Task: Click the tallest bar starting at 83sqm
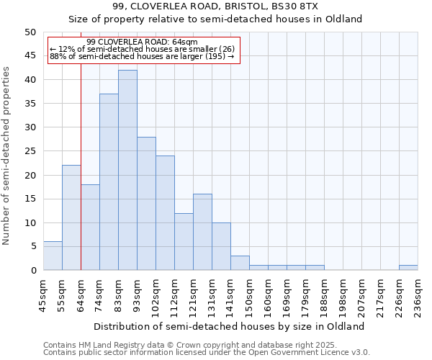pyautogui.click(x=127, y=170)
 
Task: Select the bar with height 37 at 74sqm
pyautogui.click(x=109, y=181)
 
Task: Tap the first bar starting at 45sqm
pyautogui.click(x=53, y=256)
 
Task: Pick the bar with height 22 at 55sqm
pyautogui.click(x=71, y=217)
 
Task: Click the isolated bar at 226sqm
pyautogui.click(x=408, y=268)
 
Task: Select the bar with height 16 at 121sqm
pyautogui.click(x=202, y=232)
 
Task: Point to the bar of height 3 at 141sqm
pyautogui.click(x=240, y=263)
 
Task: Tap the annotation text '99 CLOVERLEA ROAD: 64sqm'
pyautogui.click(x=142, y=42)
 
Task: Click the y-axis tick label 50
pyautogui.click(x=30, y=32)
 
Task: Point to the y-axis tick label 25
pyautogui.click(x=30, y=151)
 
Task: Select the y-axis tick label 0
pyautogui.click(x=33, y=270)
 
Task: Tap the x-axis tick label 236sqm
pyautogui.click(x=418, y=293)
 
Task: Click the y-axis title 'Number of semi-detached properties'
pyautogui.click(x=7, y=156)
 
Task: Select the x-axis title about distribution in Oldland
pyautogui.click(x=230, y=326)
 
